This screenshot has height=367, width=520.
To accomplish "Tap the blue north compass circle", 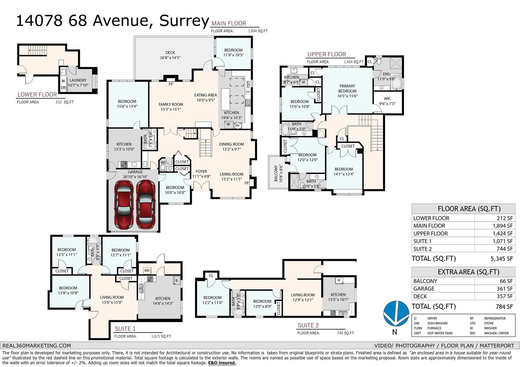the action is [396, 314].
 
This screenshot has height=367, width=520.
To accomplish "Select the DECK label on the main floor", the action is [170, 53].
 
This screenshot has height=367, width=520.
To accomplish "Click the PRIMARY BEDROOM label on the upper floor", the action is [347, 88].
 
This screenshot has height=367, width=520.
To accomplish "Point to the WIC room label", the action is [387, 99].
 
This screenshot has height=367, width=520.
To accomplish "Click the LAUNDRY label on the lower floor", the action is [78, 80].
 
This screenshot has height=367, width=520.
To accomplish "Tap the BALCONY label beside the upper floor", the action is [276, 173].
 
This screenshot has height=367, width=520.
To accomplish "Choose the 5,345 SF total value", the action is [502, 259].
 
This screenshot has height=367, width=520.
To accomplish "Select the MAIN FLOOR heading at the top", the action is [229, 23].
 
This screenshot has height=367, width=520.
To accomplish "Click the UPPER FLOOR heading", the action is [327, 54].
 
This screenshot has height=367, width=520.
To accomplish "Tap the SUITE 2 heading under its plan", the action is [308, 325].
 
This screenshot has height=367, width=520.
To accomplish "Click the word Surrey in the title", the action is [184, 21].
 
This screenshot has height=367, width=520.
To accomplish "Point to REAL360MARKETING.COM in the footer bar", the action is [37, 346].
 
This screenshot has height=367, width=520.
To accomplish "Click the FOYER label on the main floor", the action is [201, 171].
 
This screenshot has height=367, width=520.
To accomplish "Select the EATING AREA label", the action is [205, 95].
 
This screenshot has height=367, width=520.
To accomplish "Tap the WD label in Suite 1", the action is [147, 270].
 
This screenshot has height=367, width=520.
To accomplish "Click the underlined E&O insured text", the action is [222, 362].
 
